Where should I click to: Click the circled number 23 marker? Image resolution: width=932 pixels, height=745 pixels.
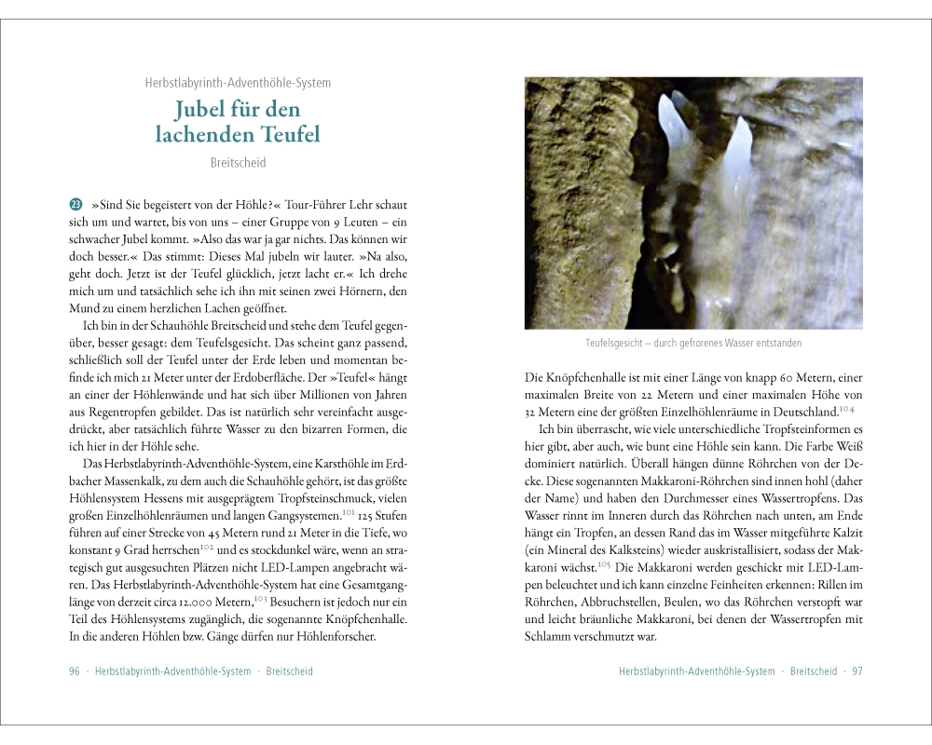[75, 205]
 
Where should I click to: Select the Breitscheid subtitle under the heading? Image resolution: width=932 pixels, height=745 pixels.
[238, 163]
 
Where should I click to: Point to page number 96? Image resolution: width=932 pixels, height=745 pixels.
[75, 671]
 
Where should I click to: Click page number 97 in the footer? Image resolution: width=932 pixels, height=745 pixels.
[857, 671]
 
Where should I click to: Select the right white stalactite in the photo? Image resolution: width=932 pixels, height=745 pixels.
[737, 154]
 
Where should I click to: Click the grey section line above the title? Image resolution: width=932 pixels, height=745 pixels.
[238, 83]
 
